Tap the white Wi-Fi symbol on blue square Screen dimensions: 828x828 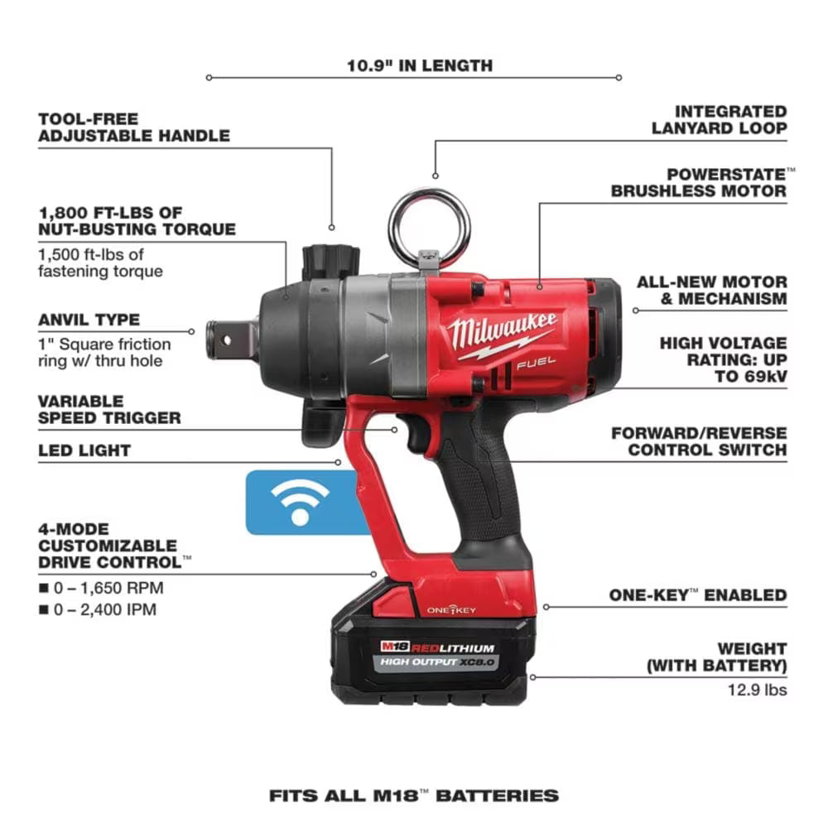pyautogui.click(x=300, y=501)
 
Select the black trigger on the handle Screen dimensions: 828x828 pyautogui.click(x=418, y=434)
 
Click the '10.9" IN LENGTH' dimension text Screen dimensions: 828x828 pyautogui.click(x=419, y=65)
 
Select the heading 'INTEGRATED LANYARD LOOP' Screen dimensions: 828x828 pyautogui.click(x=718, y=119)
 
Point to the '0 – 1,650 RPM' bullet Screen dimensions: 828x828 pyautogui.click(x=108, y=588)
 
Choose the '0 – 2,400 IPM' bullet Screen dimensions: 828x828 pyautogui.click(x=108, y=610)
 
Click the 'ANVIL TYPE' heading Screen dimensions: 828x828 pyautogui.click(x=89, y=320)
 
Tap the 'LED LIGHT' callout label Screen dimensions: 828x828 pyautogui.click(x=84, y=450)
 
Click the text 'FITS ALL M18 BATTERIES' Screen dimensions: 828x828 pyautogui.click(x=413, y=796)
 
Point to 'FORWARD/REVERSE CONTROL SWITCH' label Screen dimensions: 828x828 pyautogui.click(x=699, y=441)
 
